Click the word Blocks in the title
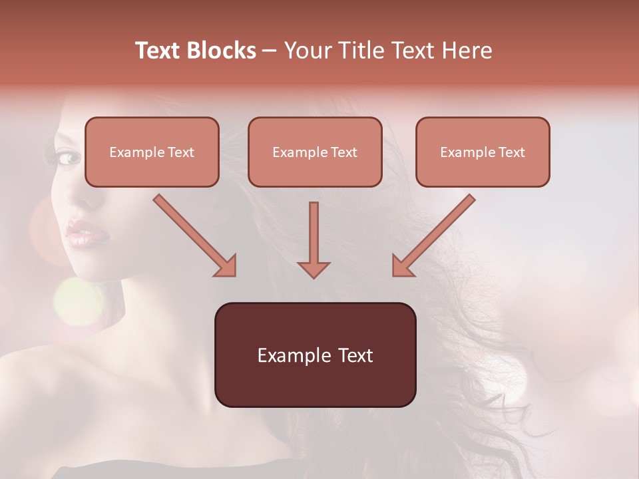221,51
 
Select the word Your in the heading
306,51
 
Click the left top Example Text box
152,152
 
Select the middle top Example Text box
315,152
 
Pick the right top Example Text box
483,152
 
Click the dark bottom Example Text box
315,355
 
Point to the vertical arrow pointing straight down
314,239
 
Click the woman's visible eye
69,158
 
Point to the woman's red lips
81,234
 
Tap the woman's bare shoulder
100,386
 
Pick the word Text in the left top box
180,152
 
